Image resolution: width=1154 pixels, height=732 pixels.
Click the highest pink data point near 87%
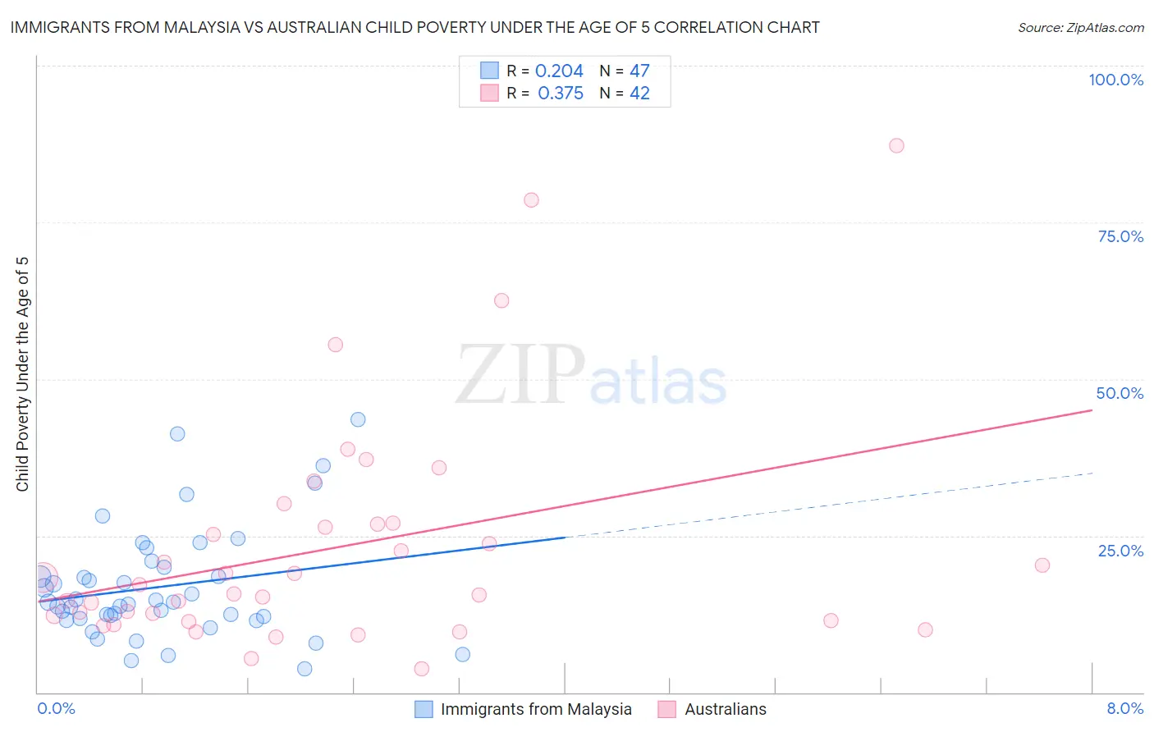point(896,145)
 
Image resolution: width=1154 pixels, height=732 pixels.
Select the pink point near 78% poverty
point(531,200)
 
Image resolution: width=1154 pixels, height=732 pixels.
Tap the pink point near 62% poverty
point(501,300)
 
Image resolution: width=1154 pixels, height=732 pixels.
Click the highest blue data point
point(358,419)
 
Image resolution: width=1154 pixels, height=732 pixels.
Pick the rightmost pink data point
point(1042,565)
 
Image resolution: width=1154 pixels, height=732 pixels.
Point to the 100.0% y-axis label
point(1115,80)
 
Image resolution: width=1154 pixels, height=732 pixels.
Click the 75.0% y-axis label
point(1120,236)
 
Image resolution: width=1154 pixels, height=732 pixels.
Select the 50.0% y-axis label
point(1120,393)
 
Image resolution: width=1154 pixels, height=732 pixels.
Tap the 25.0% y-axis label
point(1120,551)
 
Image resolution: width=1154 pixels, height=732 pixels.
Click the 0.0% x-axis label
point(56,708)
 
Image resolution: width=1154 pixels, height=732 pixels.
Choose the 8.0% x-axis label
point(1124,708)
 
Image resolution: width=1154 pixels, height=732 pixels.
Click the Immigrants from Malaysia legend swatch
point(424,709)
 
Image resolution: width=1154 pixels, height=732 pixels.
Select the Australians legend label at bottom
point(726,709)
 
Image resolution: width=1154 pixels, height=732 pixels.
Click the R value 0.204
point(559,71)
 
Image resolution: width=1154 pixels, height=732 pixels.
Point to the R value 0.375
point(561,94)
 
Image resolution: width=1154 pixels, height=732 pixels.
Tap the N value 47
point(639,71)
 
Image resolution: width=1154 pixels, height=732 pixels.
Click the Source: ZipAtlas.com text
point(1080,28)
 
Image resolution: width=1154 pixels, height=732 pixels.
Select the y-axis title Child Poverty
point(23,374)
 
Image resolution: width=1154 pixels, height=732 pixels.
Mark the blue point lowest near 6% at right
point(463,654)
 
